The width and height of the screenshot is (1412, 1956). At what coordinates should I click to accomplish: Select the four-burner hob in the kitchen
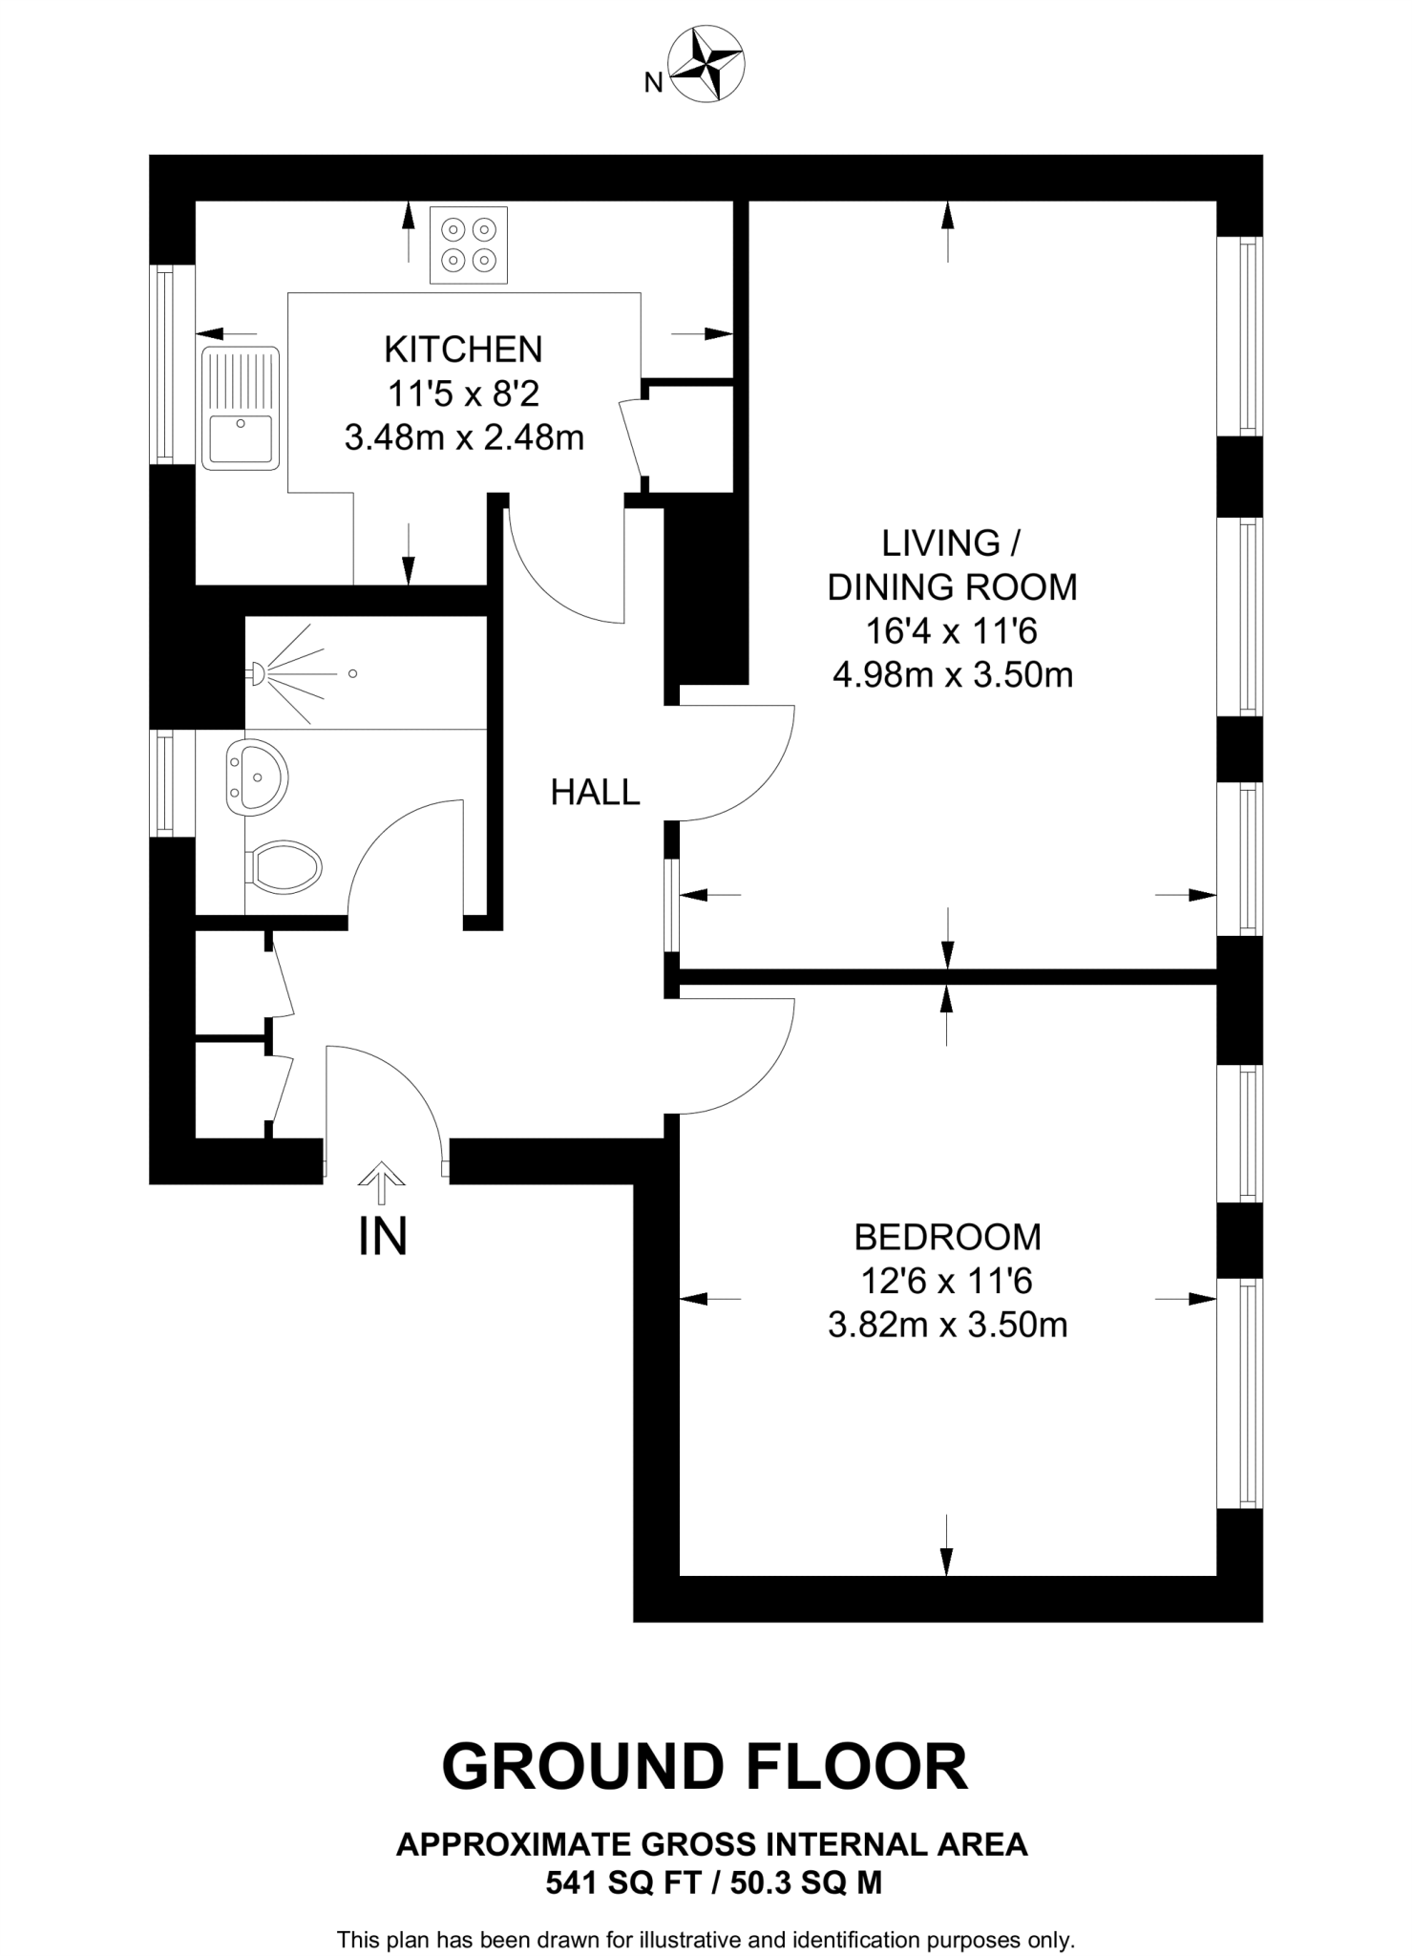469,244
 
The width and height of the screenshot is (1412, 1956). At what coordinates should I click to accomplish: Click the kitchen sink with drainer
241,408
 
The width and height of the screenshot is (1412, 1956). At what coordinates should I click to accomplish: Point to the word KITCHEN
463,350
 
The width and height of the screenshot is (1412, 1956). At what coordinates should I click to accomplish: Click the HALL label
595,792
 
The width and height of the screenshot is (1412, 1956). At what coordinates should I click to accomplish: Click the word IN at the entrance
383,1237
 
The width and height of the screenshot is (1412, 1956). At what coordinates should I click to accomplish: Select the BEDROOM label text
947,1237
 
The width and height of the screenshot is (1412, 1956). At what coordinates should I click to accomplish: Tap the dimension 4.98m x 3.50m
953,675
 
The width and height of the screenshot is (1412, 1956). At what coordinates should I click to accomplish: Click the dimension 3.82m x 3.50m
947,1325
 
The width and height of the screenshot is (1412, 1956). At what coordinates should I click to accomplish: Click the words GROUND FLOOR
705,1767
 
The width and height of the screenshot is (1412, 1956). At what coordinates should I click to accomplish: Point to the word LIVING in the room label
938,543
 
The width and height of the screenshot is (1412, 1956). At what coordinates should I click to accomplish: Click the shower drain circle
352,674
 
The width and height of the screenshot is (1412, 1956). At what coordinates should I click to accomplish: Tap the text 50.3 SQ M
806,1882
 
